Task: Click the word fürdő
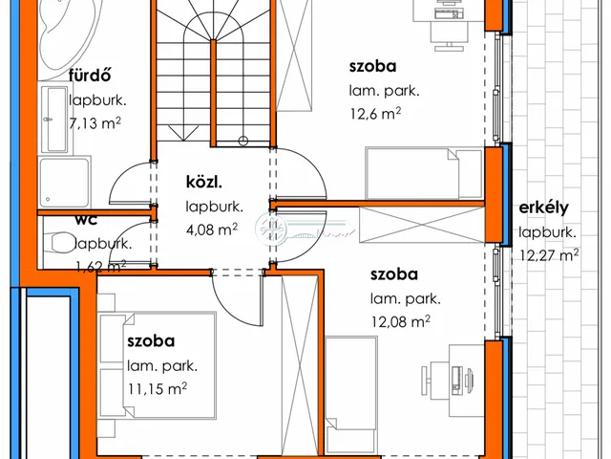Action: [90, 75]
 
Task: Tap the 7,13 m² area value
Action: [95, 123]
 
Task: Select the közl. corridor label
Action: [203, 182]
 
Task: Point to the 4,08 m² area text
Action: [212, 229]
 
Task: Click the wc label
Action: [86, 220]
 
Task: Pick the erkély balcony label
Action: [543, 208]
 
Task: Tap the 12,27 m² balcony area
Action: [549, 255]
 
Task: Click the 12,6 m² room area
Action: [375, 114]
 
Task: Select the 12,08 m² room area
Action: [400, 322]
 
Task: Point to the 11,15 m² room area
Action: [157, 389]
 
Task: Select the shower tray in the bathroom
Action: [65, 182]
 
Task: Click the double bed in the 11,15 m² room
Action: [157, 365]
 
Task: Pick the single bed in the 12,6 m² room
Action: [424, 174]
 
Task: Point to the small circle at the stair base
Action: [243, 141]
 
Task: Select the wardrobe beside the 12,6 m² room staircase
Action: [294, 55]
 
